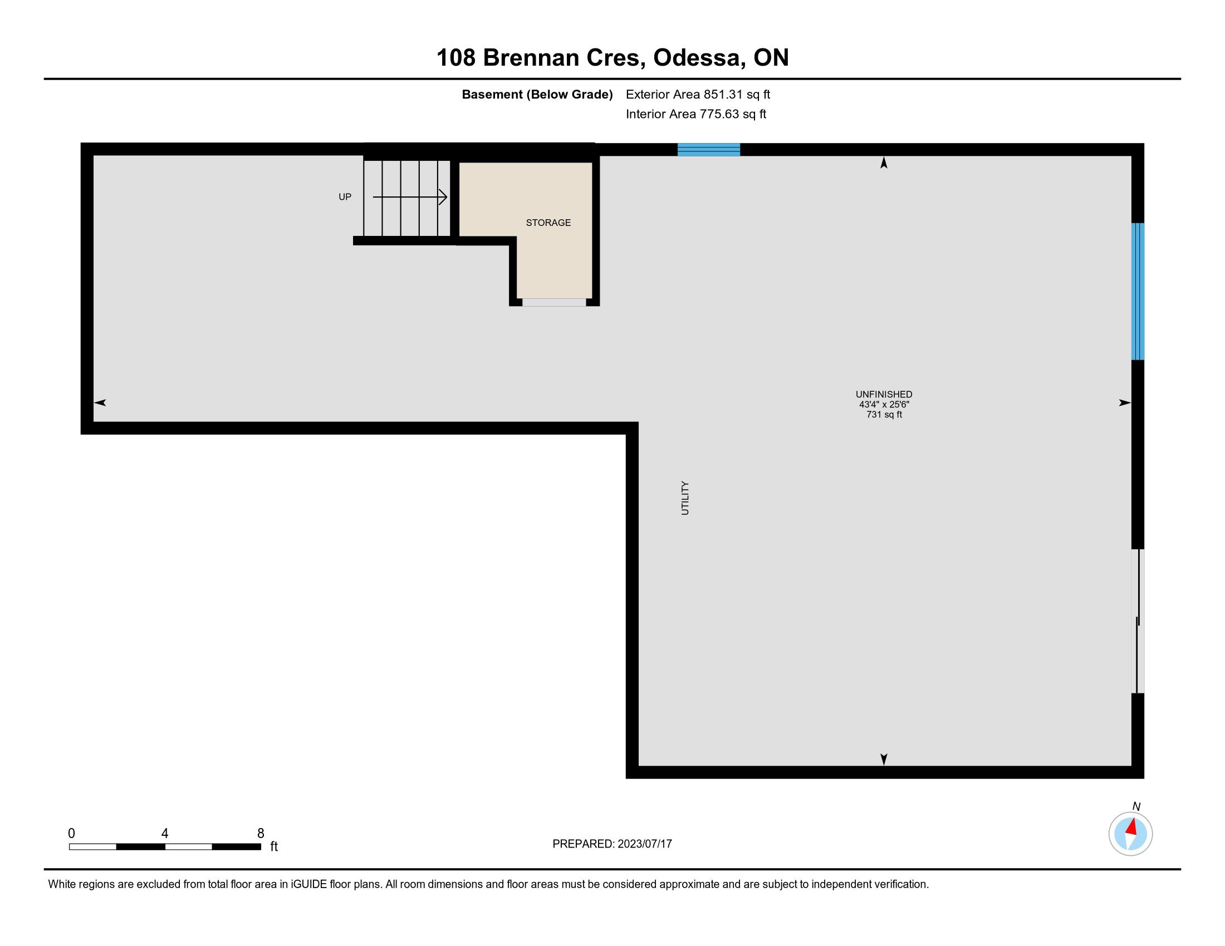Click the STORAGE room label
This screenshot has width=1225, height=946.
point(548,223)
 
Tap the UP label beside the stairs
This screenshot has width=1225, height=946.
point(345,196)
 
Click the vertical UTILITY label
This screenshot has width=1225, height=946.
point(685,497)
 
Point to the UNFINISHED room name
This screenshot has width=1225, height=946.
point(884,395)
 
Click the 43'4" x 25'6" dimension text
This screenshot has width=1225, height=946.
point(884,405)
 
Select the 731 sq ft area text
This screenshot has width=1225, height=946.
point(884,415)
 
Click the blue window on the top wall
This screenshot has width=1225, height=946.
point(709,150)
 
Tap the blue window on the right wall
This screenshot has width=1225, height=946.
point(1138,292)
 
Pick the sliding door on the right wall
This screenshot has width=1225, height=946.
point(1138,621)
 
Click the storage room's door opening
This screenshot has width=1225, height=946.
point(554,303)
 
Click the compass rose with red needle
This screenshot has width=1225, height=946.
point(1130,834)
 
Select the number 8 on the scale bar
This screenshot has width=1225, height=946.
point(261,834)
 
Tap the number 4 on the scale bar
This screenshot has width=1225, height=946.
point(165,834)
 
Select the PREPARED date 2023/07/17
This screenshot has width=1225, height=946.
point(644,844)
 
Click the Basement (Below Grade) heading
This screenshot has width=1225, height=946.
point(537,95)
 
